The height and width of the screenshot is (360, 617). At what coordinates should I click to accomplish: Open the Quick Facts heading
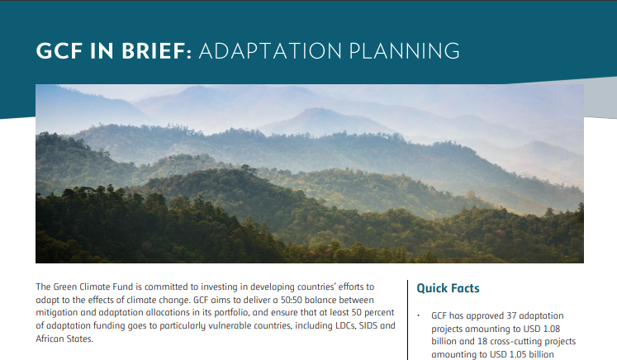pos(448,288)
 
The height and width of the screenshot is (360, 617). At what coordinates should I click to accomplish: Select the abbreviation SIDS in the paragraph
pos(368,326)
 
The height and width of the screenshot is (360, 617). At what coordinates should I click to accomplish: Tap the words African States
pos(64,339)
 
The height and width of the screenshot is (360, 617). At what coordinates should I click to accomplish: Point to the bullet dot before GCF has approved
pos(419,315)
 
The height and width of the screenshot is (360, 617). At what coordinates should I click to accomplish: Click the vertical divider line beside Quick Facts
pos(408,320)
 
